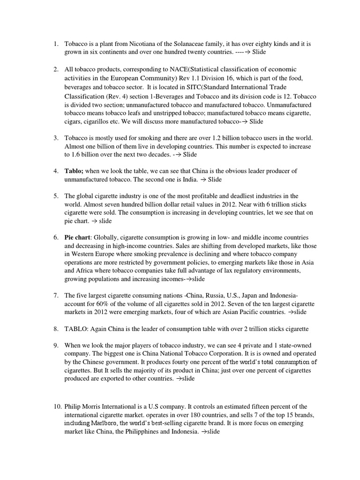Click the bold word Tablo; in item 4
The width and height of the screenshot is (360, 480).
(x=74, y=171)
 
